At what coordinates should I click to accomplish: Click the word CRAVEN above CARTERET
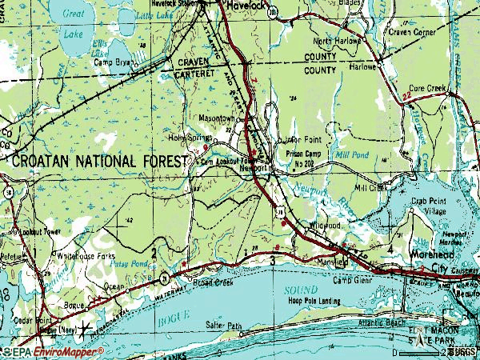pos(195,61)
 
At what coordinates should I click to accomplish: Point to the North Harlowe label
pos(334,41)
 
